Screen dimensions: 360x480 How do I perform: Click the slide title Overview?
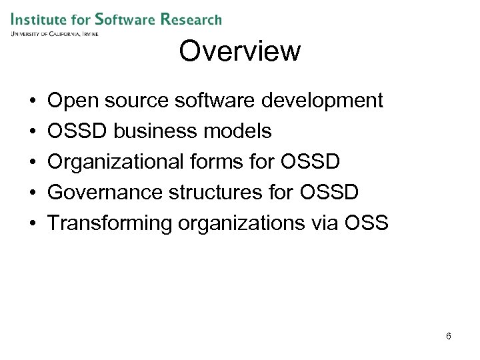click(239, 51)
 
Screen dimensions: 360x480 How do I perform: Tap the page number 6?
click(449, 336)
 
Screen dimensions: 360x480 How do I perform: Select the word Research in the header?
click(191, 19)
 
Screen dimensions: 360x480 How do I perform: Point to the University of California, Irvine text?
click(54, 33)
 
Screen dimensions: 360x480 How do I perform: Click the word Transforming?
click(109, 223)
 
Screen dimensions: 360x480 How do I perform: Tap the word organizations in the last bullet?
click(241, 223)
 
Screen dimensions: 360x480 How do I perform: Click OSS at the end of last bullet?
click(367, 223)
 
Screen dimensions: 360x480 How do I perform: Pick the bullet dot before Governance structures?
click(33, 193)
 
